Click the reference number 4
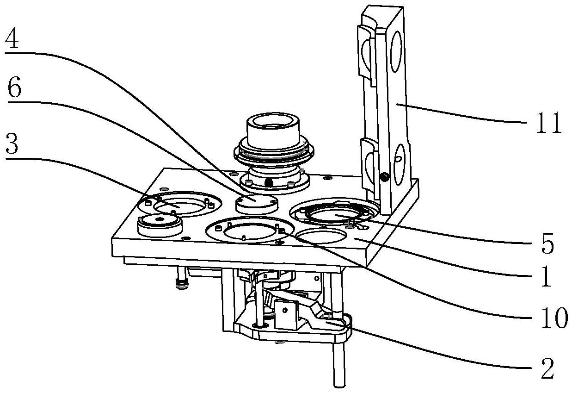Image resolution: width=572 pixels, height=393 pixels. [12, 39]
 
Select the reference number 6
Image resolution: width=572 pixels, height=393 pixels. [14, 87]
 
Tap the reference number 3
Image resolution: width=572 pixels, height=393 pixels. [12, 144]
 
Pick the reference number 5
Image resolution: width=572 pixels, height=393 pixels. [547, 243]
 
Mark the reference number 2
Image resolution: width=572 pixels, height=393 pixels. [547, 368]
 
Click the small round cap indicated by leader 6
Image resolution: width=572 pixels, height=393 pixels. [256, 204]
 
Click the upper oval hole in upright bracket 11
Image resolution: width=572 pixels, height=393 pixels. [396, 51]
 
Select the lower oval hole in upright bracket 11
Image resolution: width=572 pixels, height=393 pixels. [400, 164]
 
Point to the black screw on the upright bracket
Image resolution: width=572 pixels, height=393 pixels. [383, 177]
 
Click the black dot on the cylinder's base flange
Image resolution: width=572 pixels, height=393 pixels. [268, 182]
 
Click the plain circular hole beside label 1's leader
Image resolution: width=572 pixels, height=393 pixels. [321, 235]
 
